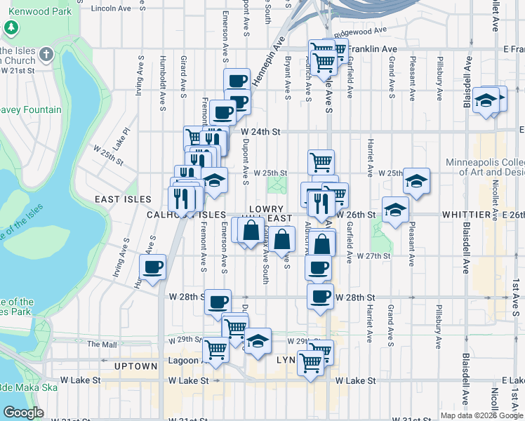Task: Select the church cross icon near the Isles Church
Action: tap(46, 55)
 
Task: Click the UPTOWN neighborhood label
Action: tap(136, 366)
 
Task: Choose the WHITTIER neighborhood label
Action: tap(470, 214)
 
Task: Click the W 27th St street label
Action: tap(373, 256)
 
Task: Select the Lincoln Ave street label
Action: tap(112, 8)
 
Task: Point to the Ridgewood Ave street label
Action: tap(360, 32)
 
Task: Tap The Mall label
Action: tap(102, 345)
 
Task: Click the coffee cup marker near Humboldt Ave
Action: tap(152, 267)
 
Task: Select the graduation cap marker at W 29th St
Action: tap(258, 342)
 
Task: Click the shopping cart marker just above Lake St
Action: tap(310, 363)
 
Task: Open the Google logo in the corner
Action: tap(23, 413)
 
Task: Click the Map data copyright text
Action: tap(481, 415)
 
